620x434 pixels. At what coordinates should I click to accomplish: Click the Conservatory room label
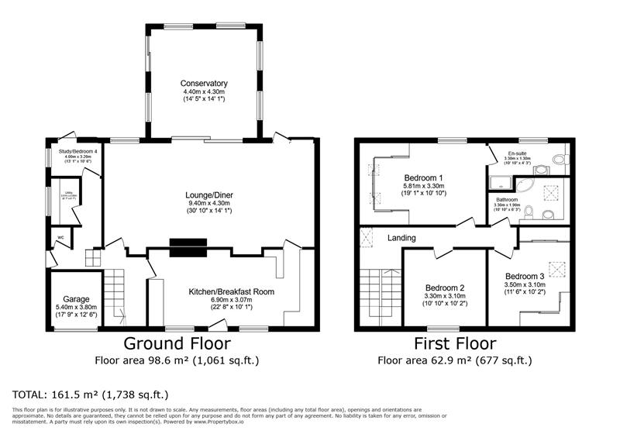pos(204,83)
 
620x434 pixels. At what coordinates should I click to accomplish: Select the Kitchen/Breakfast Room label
pos(232,291)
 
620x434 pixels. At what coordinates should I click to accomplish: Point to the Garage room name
pos(76,299)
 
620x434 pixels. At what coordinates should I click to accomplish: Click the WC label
pos(60,237)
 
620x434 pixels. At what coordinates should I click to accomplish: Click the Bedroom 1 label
pos(422,177)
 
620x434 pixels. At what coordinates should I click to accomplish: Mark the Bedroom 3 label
pos(525,276)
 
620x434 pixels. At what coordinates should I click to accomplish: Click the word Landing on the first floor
pos(402,238)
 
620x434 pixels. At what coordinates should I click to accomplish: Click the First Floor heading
pos(455,343)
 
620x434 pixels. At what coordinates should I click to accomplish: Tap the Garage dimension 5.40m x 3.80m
pos(76,307)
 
